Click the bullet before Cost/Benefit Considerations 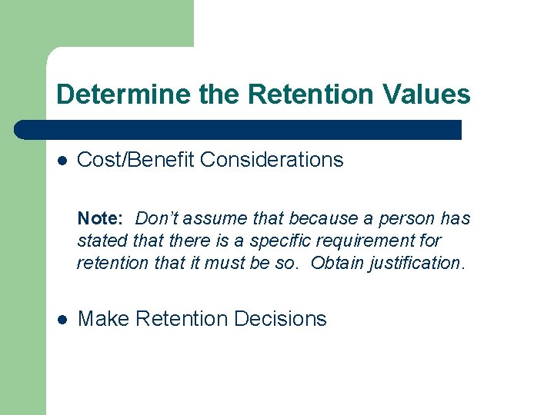point(63,161)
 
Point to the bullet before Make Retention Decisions point(63,319)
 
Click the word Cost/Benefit point(136,160)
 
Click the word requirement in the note point(375,241)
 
